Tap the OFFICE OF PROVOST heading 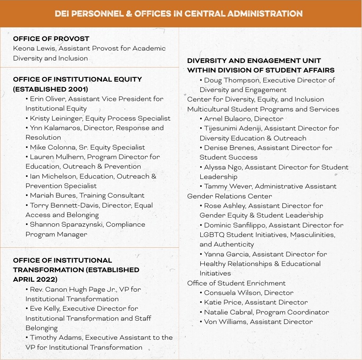coord(51,39)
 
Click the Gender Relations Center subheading coord(229,196)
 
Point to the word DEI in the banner coord(63,14)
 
